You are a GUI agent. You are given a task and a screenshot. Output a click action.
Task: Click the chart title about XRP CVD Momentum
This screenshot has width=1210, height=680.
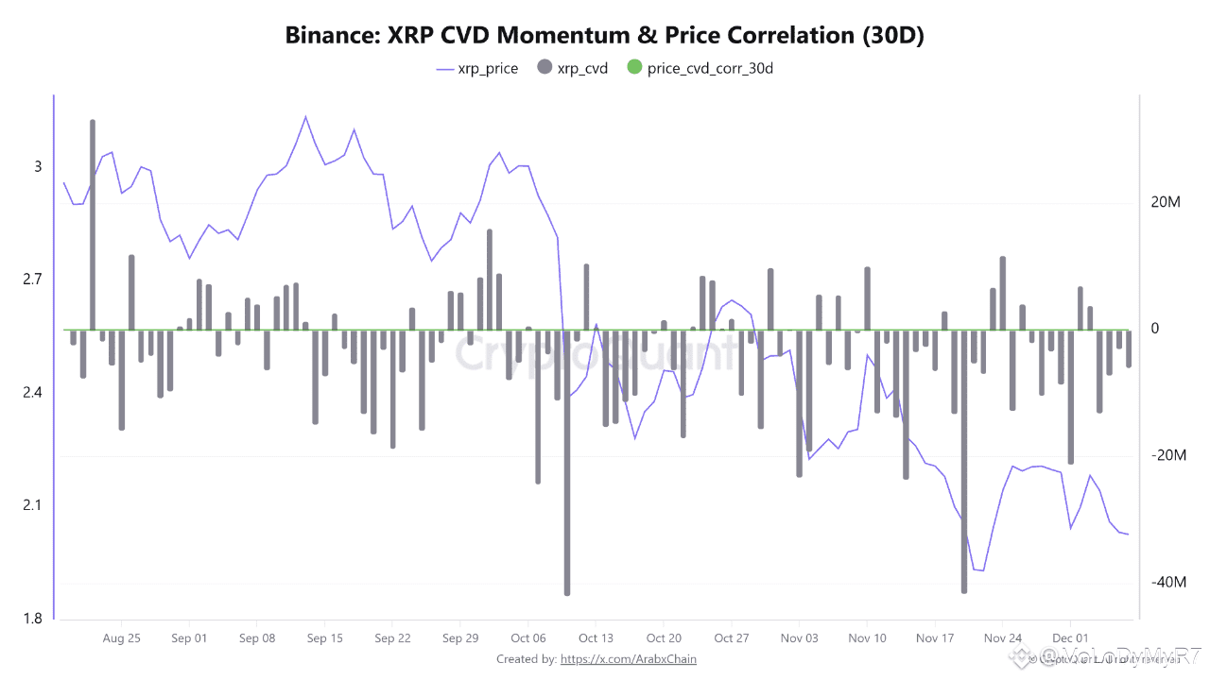pyautogui.click(x=604, y=36)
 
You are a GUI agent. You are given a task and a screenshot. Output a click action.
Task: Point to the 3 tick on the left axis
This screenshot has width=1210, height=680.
pyautogui.click(x=39, y=167)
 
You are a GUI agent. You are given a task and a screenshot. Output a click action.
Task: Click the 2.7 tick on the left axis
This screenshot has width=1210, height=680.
pyautogui.click(x=33, y=280)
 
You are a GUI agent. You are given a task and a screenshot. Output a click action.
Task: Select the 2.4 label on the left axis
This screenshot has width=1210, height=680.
pyautogui.click(x=33, y=393)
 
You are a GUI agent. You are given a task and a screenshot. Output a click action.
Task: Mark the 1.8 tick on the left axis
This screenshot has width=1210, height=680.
pyautogui.click(x=33, y=620)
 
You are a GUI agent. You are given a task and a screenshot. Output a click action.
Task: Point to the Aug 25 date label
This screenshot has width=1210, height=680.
pyautogui.click(x=121, y=638)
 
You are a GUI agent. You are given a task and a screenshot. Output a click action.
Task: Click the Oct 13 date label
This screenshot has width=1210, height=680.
pyautogui.click(x=596, y=638)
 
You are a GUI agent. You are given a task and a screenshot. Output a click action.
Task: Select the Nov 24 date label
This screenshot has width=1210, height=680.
pyautogui.click(x=1002, y=638)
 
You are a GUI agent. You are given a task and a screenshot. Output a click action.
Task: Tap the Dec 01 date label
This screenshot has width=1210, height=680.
pyautogui.click(x=1070, y=638)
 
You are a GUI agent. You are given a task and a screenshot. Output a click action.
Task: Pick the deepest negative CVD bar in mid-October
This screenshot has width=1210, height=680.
pyautogui.click(x=567, y=463)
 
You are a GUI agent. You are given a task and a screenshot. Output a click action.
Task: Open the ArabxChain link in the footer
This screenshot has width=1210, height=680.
pyautogui.click(x=629, y=659)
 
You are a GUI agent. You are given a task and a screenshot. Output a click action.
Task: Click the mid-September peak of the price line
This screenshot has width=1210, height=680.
pyautogui.click(x=305, y=117)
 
